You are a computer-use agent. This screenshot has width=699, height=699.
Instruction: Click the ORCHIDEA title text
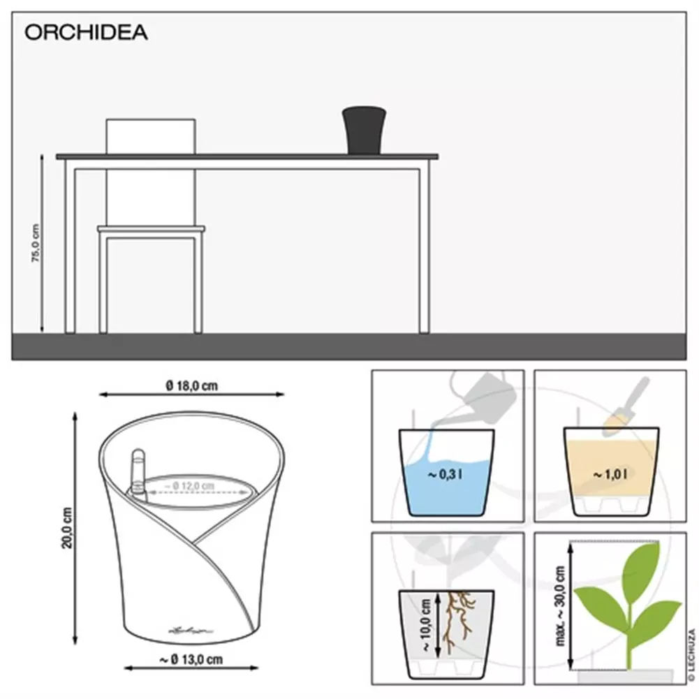(86, 33)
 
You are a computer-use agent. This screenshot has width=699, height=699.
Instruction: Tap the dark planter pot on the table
(365, 130)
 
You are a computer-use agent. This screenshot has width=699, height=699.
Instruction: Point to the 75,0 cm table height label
(36, 243)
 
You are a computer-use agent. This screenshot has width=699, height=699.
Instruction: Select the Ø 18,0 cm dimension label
(192, 385)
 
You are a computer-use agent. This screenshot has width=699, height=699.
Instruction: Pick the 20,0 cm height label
(67, 528)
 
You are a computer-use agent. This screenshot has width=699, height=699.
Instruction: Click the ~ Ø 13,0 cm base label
(191, 659)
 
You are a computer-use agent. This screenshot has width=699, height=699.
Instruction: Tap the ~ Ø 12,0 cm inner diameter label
(189, 485)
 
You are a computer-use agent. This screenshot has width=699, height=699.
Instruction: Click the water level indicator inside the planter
(138, 473)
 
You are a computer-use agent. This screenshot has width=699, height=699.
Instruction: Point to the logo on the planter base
(191, 630)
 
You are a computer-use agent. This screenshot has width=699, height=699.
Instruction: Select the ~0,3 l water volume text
(445, 474)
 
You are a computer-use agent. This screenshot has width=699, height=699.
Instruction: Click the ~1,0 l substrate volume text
(610, 474)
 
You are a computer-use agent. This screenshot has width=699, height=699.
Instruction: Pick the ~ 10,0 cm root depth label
(425, 624)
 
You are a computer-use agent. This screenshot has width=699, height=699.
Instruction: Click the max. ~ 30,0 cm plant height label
(560, 606)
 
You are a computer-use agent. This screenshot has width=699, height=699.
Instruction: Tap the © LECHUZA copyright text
(692, 655)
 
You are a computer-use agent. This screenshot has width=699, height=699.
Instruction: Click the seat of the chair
(151, 228)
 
